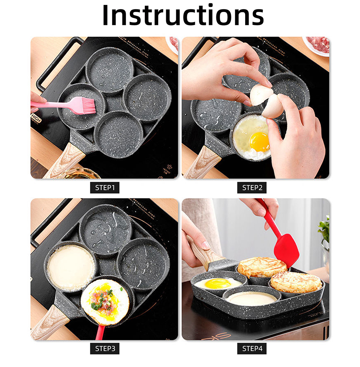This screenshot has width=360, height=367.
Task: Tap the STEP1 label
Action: pyautogui.click(x=105, y=188)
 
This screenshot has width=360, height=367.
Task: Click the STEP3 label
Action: pyautogui.click(x=105, y=348)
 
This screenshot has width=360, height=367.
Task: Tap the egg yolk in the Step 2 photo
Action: pyautogui.click(x=259, y=142)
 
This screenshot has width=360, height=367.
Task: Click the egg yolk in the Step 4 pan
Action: pyautogui.click(x=218, y=283)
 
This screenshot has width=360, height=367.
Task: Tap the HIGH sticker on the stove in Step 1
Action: pyautogui.click(x=36, y=117)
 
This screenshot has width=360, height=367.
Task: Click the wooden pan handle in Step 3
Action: pyautogui.click(x=48, y=323)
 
